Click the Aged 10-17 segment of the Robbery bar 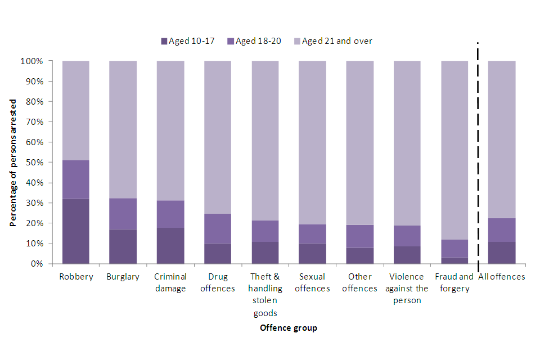click(75, 231)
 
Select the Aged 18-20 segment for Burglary click(123, 213)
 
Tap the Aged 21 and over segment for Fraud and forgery click(454, 150)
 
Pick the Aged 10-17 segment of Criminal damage click(170, 245)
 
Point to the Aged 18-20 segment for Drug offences click(217, 228)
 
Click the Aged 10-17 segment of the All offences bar click(501, 253)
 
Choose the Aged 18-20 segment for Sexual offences click(312, 233)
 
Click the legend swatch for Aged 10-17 click(164, 41)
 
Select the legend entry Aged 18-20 click(258, 41)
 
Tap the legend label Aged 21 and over click(337, 41)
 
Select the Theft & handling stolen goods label click(265, 295)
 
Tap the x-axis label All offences click(501, 277)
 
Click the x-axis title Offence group click(288, 328)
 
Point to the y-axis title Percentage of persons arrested click(12, 163)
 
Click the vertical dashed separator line click(478, 157)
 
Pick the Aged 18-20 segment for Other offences click(359, 236)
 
